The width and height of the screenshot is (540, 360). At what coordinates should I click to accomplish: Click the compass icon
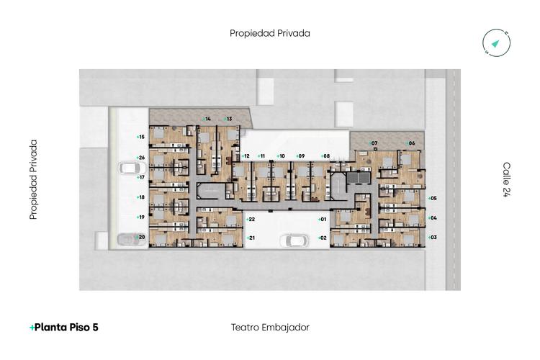click(x=497, y=44)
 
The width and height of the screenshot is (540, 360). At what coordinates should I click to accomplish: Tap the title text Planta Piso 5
click(x=64, y=328)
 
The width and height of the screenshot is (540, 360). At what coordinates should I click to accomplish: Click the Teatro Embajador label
click(x=270, y=328)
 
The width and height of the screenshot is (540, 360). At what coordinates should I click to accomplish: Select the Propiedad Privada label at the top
click(x=270, y=33)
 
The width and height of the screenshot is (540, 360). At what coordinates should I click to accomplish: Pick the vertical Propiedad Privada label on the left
click(x=33, y=179)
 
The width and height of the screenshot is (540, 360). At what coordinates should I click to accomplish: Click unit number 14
click(x=207, y=119)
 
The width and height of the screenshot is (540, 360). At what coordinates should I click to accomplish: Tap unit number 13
click(x=228, y=119)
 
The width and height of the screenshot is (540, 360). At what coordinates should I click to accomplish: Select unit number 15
click(x=141, y=137)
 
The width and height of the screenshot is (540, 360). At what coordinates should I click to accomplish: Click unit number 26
click(x=141, y=158)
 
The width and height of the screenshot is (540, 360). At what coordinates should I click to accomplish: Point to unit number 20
click(x=141, y=237)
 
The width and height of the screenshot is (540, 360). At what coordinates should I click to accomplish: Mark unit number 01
click(x=323, y=219)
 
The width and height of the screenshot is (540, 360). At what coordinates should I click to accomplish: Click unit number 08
click(x=325, y=156)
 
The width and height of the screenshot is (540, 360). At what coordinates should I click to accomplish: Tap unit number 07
click(x=374, y=143)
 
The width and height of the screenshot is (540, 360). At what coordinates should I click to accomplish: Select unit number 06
click(x=411, y=143)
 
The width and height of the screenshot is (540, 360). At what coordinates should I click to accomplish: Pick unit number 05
click(x=433, y=198)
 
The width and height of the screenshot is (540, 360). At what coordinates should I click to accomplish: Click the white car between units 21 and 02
click(x=294, y=240)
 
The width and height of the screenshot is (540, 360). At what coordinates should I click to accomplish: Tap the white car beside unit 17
click(x=128, y=168)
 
